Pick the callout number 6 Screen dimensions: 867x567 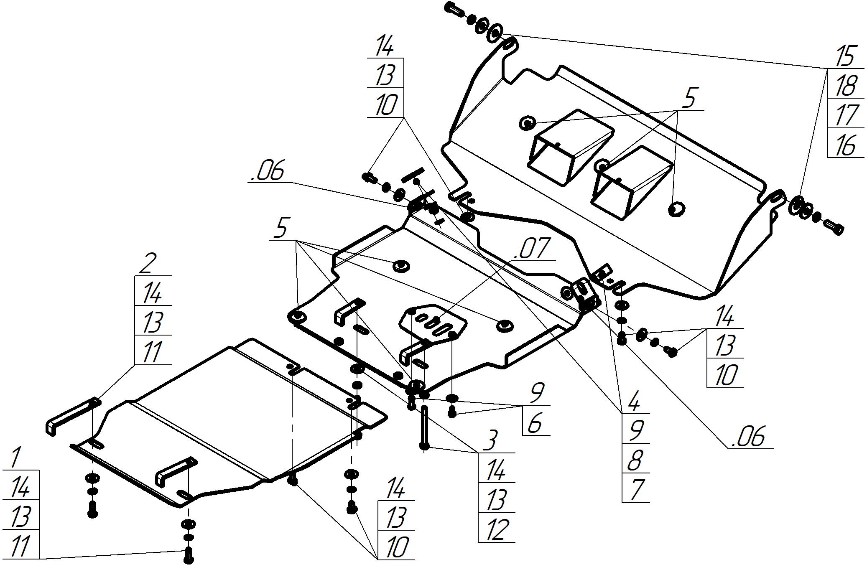(x=535, y=423)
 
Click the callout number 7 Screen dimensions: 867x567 (x=635, y=490)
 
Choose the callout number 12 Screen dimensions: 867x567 (x=497, y=529)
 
